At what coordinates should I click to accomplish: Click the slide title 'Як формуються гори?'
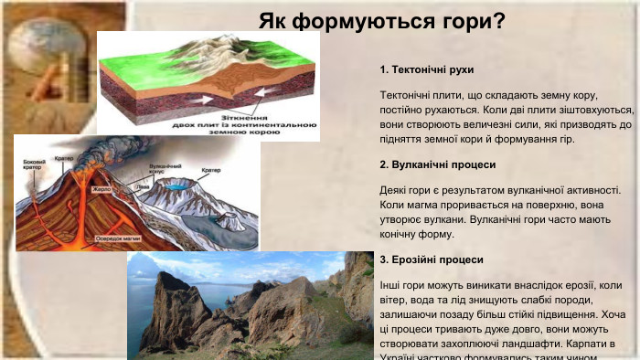click(x=381, y=20)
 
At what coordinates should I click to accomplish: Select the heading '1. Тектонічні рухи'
click(x=426, y=70)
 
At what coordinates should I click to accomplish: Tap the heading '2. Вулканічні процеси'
click(x=437, y=165)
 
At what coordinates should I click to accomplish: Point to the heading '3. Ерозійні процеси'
click(x=431, y=259)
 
